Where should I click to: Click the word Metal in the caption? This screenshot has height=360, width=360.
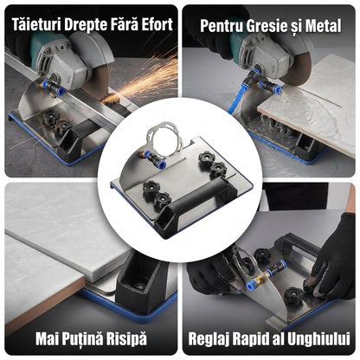pyautogui.click(x=324, y=26)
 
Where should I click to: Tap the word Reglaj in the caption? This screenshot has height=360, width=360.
pyautogui.click(x=209, y=339)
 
